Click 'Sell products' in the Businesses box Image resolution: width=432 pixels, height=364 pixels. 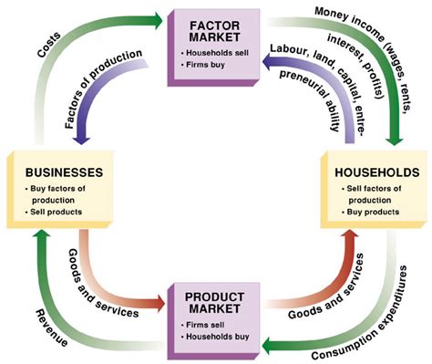click(57, 213)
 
